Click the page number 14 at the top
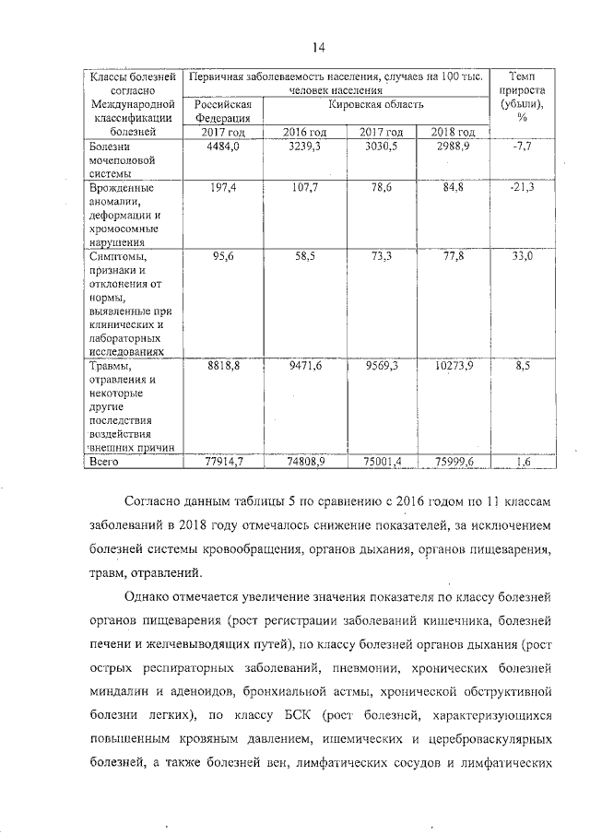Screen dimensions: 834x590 click(320, 48)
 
